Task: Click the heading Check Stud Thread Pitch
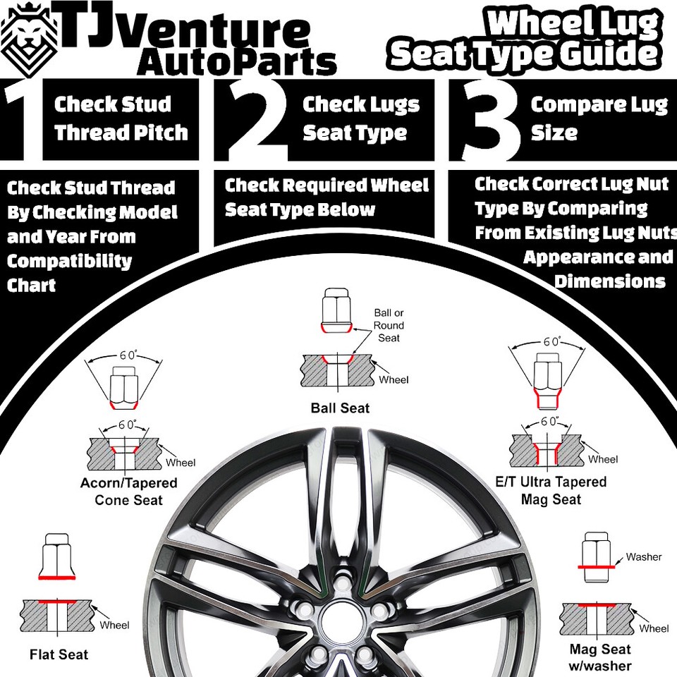[121, 118]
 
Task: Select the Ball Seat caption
[340, 408]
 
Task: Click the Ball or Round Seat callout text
[389, 325]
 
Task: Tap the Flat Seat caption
[59, 654]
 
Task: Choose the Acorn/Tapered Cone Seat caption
[128, 492]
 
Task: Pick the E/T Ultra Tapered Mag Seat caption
[551, 491]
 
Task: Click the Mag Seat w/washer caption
[600, 657]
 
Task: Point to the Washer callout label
[643, 557]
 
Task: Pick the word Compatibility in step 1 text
[69, 262]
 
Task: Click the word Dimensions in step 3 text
[609, 281]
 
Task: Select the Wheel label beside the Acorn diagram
[181, 463]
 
